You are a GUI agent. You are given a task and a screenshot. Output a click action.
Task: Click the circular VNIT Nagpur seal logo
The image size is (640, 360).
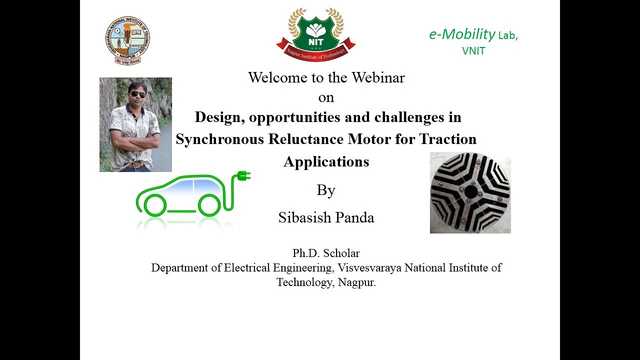127,40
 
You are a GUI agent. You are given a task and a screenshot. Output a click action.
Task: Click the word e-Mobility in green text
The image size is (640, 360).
462,34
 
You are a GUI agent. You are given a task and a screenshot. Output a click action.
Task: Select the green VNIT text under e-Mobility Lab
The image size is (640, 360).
473,51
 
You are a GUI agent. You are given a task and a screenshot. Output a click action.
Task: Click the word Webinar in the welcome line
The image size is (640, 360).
378,77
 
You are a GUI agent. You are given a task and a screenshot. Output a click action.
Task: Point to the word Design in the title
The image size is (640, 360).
219,117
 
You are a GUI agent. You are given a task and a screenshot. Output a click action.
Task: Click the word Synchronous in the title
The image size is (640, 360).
219,139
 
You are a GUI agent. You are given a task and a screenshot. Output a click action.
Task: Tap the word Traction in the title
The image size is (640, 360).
447,139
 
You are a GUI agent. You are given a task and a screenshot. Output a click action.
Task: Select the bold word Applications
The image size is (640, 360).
326,161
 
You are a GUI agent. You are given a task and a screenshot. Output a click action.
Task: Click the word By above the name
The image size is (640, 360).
325,190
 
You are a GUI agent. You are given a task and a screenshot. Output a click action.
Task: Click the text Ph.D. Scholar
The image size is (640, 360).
326,253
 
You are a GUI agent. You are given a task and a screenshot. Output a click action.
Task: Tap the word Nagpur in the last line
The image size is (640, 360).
356,282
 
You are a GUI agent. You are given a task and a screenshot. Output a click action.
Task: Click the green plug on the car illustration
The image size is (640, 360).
243,175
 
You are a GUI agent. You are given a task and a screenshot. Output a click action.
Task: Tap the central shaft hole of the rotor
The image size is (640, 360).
470,191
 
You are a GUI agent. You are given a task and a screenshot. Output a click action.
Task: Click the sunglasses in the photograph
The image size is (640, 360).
138,94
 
